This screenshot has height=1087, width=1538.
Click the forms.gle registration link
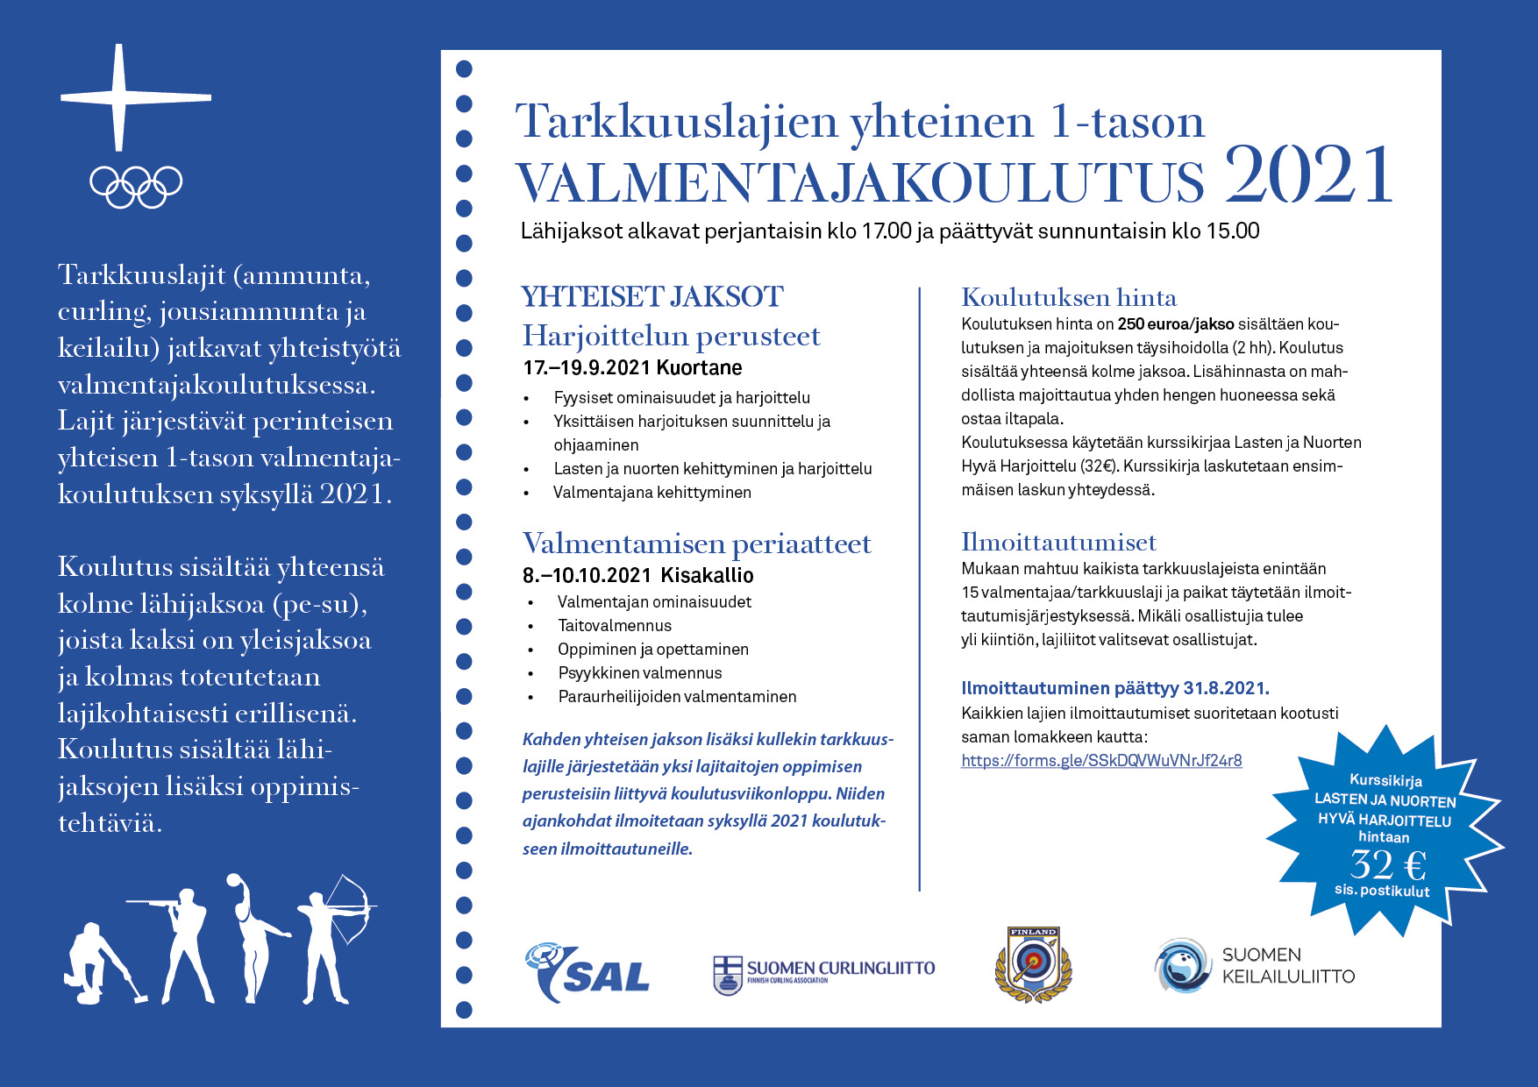(1101, 761)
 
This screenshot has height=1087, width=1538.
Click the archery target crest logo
(1034, 964)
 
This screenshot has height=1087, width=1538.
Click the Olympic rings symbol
(136, 186)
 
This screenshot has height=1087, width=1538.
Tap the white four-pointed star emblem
(120, 97)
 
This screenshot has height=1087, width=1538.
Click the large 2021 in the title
(1308, 175)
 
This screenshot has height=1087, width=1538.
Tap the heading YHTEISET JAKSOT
(652, 297)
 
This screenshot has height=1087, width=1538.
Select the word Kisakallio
(707, 576)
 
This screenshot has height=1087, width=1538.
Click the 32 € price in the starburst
(1387, 865)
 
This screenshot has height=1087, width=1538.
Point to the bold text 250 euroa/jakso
(1175, 324)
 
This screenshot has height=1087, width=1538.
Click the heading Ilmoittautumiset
(1058, 542)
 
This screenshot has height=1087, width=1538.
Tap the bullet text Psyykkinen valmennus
(640, 673)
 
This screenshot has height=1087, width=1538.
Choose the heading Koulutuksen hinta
(1068, 297)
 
